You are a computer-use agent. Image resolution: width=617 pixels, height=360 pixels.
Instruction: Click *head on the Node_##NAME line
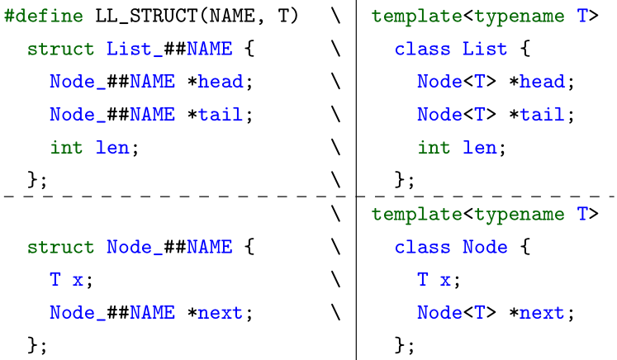[221, 83]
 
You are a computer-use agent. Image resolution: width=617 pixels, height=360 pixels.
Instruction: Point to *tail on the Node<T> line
[542, 116]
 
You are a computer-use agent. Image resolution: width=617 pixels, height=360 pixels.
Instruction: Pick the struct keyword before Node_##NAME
[60, 248]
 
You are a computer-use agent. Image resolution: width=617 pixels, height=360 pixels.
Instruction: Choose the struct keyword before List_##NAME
[60, 50]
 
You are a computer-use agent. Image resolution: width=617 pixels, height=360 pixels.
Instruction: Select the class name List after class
[485, 50]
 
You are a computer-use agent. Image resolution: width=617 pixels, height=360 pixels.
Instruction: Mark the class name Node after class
[485, 248]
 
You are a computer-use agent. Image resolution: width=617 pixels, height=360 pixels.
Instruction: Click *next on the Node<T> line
[542, 314]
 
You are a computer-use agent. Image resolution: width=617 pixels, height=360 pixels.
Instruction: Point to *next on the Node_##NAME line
[221, 314]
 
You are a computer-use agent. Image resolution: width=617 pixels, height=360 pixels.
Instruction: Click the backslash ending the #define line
[335, 17]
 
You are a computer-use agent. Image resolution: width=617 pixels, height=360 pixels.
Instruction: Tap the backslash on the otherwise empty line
[335, 215]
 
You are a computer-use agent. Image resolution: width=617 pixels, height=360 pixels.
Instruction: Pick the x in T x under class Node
[445, 281]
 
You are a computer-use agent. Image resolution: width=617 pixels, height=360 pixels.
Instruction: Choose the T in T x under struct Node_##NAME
[55, 281]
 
